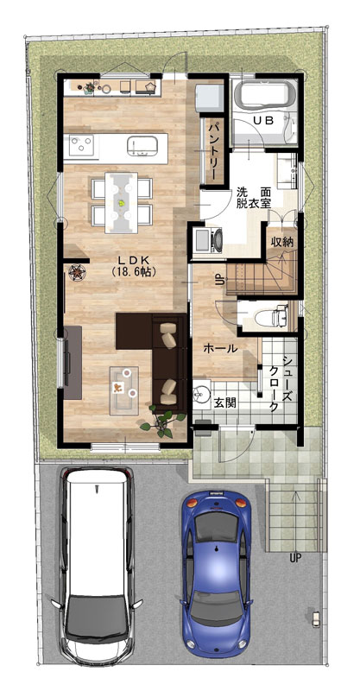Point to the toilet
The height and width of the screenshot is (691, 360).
coord(272,316)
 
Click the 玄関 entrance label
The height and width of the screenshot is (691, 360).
coord(224,403)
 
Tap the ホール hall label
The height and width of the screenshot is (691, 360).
coord(220,348)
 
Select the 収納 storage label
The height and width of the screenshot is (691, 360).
coord(282,242)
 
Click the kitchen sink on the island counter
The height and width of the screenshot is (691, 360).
coord(142,145)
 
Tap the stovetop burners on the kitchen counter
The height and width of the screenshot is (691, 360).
coord(81,145)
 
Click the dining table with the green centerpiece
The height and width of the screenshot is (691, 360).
coord(121,202)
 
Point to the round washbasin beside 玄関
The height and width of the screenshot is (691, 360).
coord(202,392)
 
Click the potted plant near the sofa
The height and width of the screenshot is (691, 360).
coord(160,422)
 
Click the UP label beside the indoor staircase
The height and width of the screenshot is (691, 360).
coord(218,279)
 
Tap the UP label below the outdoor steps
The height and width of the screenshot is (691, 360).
coord(295,558)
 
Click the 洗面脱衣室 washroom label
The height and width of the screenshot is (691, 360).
coord(253,197)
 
